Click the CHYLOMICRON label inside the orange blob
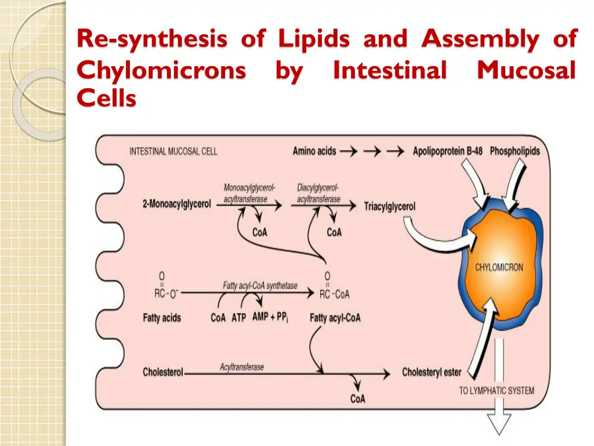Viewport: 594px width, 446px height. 499,268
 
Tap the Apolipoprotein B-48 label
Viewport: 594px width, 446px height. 447,152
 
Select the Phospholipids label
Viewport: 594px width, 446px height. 515,152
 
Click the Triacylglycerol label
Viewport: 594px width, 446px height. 389,207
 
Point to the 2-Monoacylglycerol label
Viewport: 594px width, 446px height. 176,204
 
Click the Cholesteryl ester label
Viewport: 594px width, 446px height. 432,372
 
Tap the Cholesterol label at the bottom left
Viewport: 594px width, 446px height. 163,372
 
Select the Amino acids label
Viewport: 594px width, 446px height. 314,152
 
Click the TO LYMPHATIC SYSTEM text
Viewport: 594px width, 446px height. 497,391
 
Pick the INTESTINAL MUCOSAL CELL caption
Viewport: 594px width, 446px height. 173,152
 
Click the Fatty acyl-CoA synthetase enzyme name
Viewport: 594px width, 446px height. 260,286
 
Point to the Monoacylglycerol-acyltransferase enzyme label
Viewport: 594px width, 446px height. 249,193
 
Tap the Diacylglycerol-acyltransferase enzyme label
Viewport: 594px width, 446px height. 318,193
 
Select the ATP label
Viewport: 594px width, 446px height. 238,318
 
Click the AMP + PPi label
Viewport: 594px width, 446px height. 270,317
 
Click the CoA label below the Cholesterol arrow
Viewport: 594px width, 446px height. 357,399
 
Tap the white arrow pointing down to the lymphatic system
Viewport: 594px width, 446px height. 499,386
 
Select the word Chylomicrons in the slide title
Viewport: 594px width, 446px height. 161,70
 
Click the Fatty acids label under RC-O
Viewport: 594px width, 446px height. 162,318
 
